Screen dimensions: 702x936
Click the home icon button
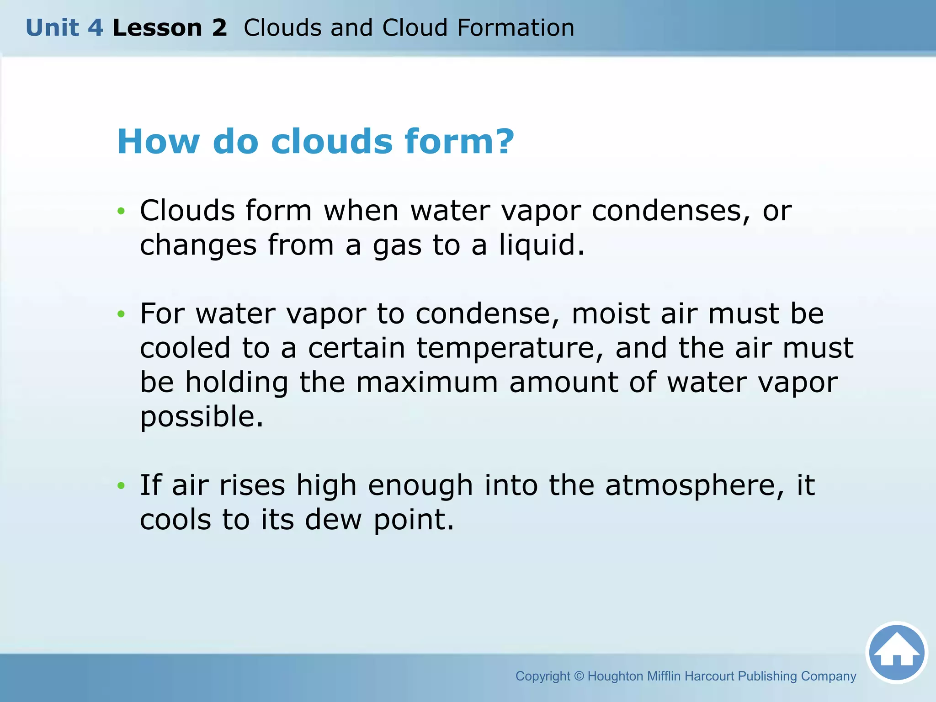(x=896, y=653)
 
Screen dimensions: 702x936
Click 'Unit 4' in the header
(x=64, y=28)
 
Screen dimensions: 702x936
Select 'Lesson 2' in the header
(x=170, y=28)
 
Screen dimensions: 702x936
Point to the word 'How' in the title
(x=158, y=141)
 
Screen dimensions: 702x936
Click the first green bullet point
(x=121, y=211)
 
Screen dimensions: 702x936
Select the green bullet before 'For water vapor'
(x=121, y=314)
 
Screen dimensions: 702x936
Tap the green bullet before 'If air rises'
(x=121, y=485)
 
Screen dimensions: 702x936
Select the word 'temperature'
(x=511, y=349)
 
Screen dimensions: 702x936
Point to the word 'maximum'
(x=427, y=383)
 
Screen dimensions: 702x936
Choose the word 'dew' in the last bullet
(x=333, y=520)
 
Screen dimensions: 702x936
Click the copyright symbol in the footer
(x=579, y=676)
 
